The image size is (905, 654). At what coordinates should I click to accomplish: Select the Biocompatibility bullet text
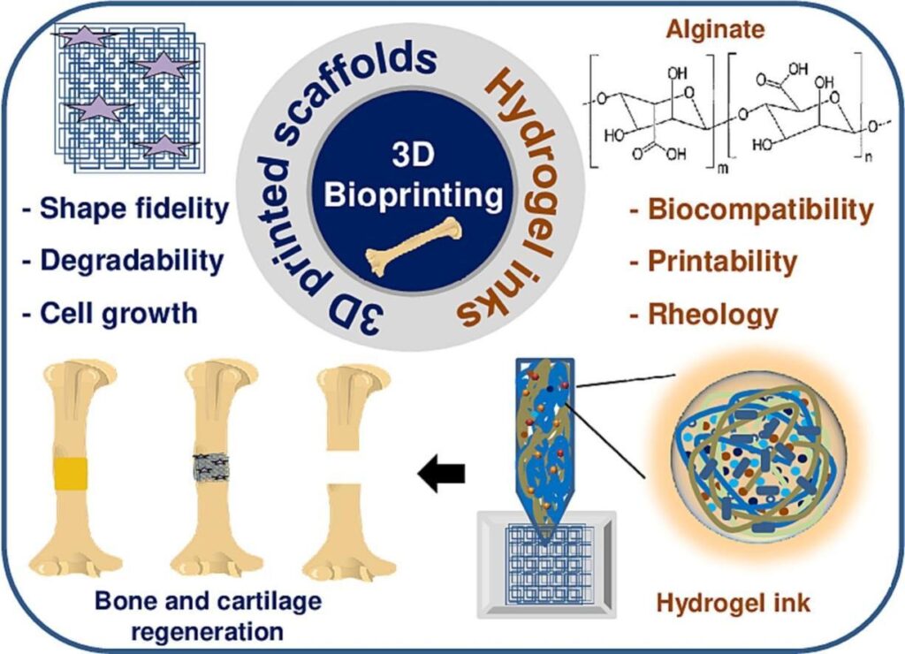[x=751, y=210]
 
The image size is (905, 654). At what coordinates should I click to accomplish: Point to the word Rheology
[x=712, y=314]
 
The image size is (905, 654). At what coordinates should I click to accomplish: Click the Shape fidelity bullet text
[x=124, y=210]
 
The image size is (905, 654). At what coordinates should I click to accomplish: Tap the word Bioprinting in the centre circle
[x=414, y=194]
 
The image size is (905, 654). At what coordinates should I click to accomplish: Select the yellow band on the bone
[x=71, y=474]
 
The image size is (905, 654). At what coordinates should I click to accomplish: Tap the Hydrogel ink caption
[x=734, y=604]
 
